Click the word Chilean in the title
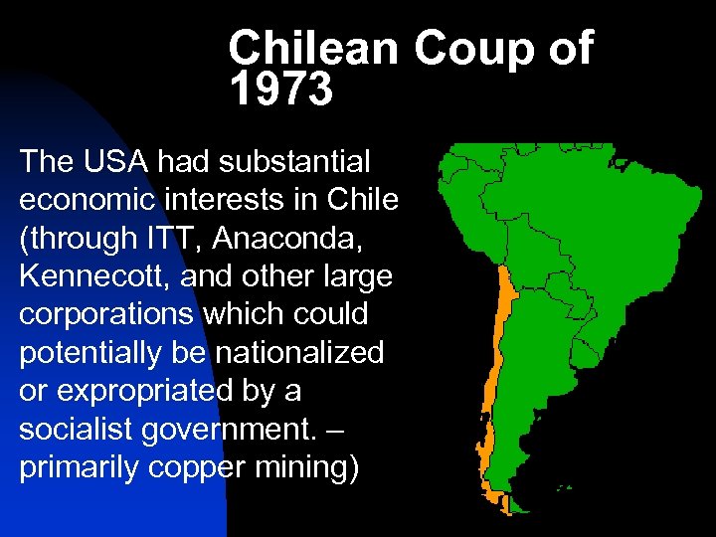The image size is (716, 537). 313,49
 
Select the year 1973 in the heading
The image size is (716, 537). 280,90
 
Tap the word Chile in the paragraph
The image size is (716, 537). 363,199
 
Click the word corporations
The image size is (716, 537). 106,315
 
